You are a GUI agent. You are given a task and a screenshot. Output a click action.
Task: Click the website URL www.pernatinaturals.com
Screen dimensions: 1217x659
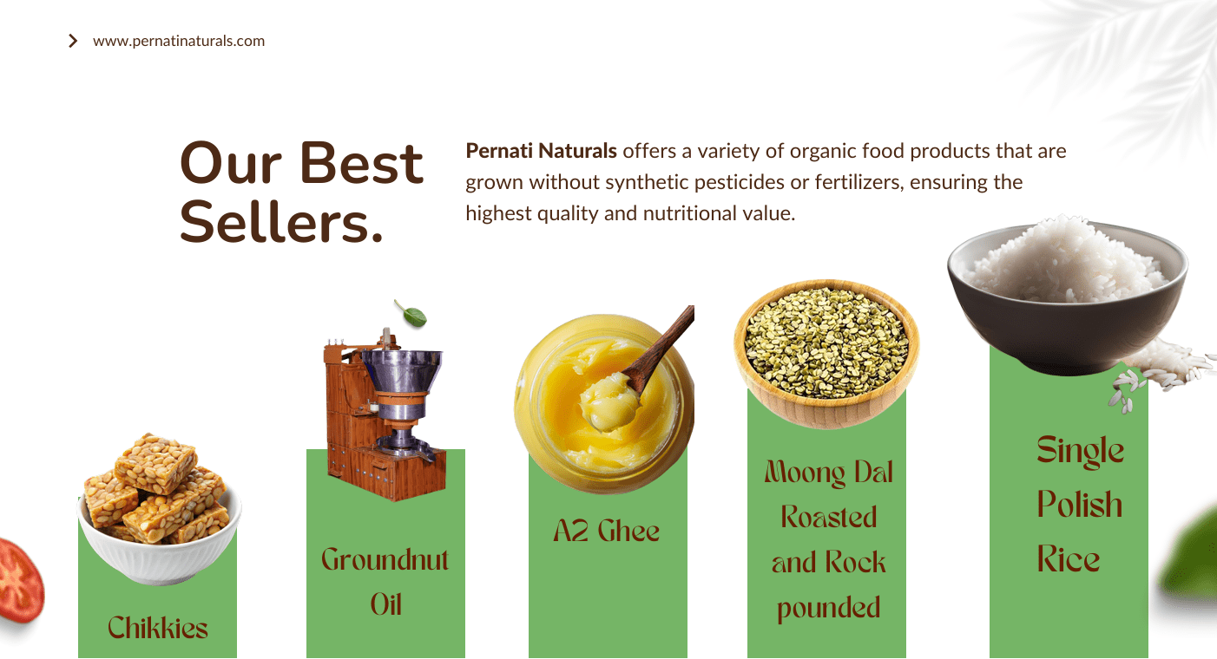179,42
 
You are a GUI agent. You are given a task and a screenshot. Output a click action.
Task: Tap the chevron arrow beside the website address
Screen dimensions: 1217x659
73,41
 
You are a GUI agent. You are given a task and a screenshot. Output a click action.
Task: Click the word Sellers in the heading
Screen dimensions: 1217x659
281,223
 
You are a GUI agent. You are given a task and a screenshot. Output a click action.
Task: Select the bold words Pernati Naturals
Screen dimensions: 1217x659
541,151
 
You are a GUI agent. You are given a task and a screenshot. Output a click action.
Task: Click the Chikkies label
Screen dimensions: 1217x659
158,628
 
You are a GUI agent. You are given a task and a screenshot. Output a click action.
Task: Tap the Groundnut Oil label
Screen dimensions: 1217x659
385,581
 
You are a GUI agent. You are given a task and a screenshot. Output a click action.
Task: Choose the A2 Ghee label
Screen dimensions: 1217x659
606,531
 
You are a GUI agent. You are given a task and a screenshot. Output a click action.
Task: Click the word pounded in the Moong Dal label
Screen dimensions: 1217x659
828,608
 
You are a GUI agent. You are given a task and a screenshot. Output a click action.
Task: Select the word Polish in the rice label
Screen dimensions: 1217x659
1080,505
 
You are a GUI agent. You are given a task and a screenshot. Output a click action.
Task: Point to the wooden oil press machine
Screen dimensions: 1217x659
385,414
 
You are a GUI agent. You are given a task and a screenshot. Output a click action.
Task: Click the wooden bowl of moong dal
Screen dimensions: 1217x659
826,354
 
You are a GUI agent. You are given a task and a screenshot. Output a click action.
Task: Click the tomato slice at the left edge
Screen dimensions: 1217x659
21,579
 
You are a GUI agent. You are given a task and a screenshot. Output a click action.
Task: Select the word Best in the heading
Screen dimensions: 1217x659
361,163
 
